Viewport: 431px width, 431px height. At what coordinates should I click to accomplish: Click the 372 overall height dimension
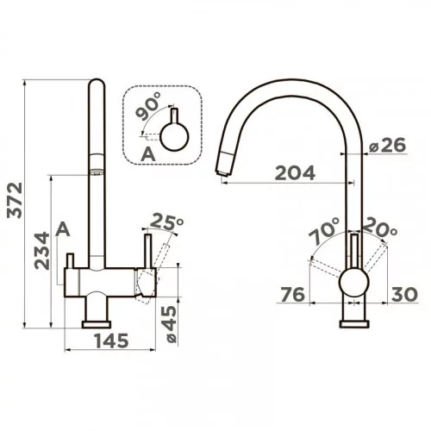(15, 200)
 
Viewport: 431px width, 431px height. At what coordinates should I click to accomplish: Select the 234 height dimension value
(42, 251)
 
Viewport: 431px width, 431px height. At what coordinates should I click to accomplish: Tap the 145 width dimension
(111, 340)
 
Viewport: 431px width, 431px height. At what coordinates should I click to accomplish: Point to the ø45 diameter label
(172, 324)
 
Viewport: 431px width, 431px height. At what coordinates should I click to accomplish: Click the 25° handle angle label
(166, 222)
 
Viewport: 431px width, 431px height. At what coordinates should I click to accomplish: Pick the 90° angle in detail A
(148, 106)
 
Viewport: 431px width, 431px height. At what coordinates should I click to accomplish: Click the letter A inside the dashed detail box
(148, 154)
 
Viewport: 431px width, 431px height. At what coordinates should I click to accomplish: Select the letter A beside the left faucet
(63, 229)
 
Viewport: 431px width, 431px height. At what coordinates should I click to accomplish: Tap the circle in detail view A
(174, 136)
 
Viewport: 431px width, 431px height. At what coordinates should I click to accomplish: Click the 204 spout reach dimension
(295, 173)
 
